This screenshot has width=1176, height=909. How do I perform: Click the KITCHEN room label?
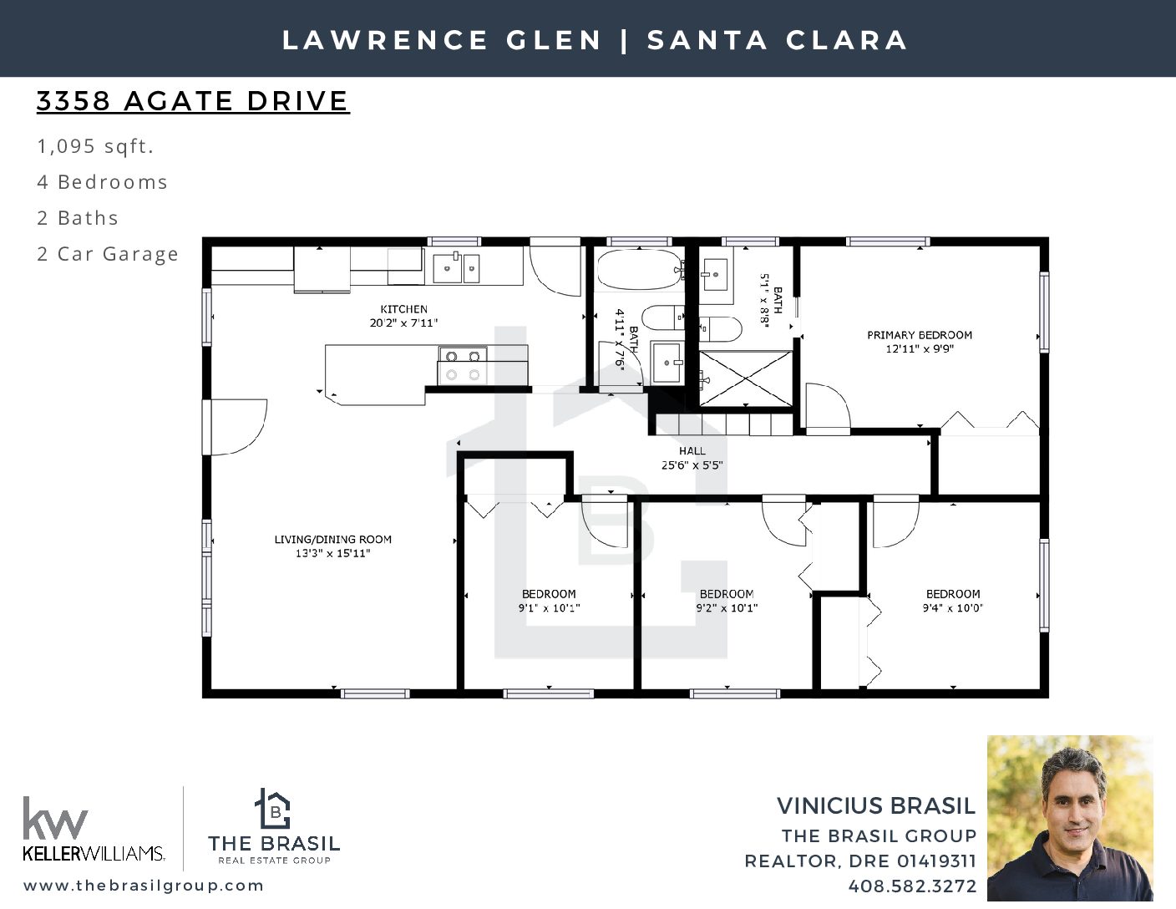pyautogui.click(x=403, y=309)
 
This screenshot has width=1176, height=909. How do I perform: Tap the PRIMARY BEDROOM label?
pyautogui.click(x=920, y=335)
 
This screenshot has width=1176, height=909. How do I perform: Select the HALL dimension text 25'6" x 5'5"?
pyautogui.click(x=692, y=465)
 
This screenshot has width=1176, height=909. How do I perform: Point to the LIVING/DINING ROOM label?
pyautogui.click(x=332, y=539)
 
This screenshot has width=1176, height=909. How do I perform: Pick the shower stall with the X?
pyautogui.click(x=745, y=378)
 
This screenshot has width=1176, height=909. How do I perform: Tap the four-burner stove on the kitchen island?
pyautogui.click(x=462, y=365)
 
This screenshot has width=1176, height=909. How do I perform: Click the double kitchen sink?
pyautogui.click(x=456, y=267)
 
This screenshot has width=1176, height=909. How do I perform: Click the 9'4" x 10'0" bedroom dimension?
pyautogui.click(x=953, y=608)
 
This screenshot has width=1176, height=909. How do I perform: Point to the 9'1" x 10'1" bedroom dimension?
pyautogui.click(x=549, y=608)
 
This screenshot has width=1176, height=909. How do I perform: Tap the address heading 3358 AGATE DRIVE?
pyautogui.click(x=193, y=101)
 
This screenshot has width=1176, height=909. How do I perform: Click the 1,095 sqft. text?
pyautogui.click(x=95, y=146)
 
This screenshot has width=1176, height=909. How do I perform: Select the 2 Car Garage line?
pyautogui.click(x=108, y=254)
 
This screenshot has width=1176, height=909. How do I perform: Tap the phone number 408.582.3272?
pyautogui.click(x=912, y=886)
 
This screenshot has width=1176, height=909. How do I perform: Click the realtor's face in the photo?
pyautogui.click(x=1075, y=802)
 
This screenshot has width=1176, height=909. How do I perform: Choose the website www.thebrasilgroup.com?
pyautogui.click(x=144, y=886)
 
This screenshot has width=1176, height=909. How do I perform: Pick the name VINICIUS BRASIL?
pyautogui.click(x=876, y=806)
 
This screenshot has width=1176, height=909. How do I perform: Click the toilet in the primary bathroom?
pyautogui.click(x=720, y=328)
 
